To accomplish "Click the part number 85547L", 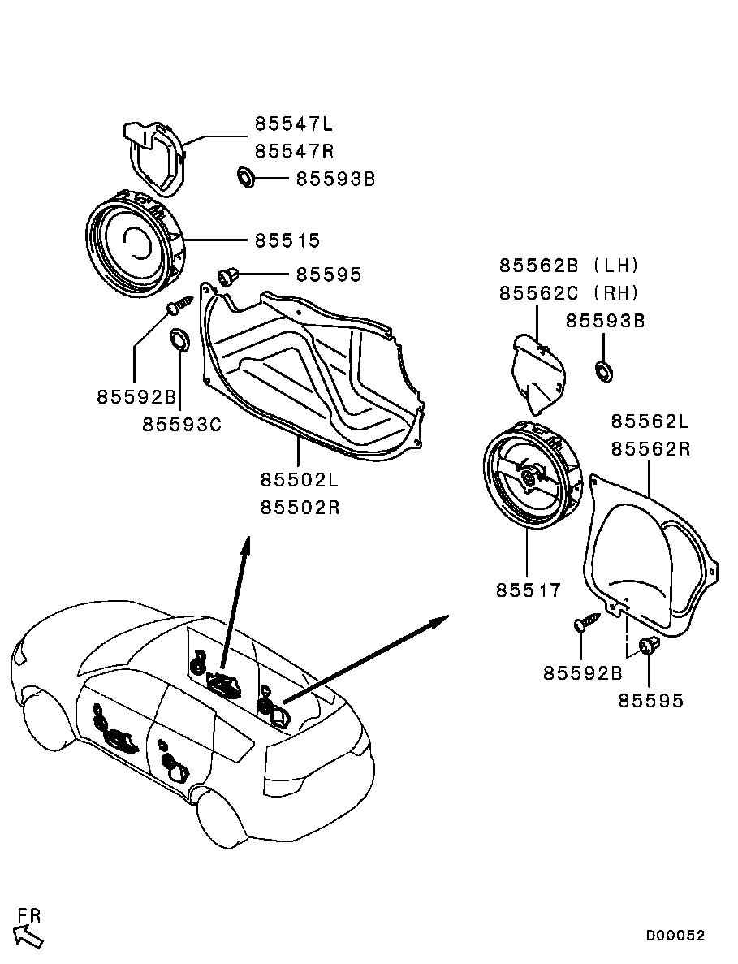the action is pos(294,124).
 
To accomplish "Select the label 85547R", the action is pos(295,151).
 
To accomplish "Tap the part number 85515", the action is pos(287,240).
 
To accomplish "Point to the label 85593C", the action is pos(182,424).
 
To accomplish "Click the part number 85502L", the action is pos(300,479).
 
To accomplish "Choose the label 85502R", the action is pos(300,508).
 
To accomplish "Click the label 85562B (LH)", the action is pos(569,266).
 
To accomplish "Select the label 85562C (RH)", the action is pos(569,293).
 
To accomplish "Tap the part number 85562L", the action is pos(650,421).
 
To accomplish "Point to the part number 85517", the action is pos(529,590).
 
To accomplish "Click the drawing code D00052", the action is pos(675,936).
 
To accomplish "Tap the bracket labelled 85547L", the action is pos(154,158).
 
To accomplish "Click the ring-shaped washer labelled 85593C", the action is pos(179,339).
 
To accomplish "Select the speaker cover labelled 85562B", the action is pos(537,372).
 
